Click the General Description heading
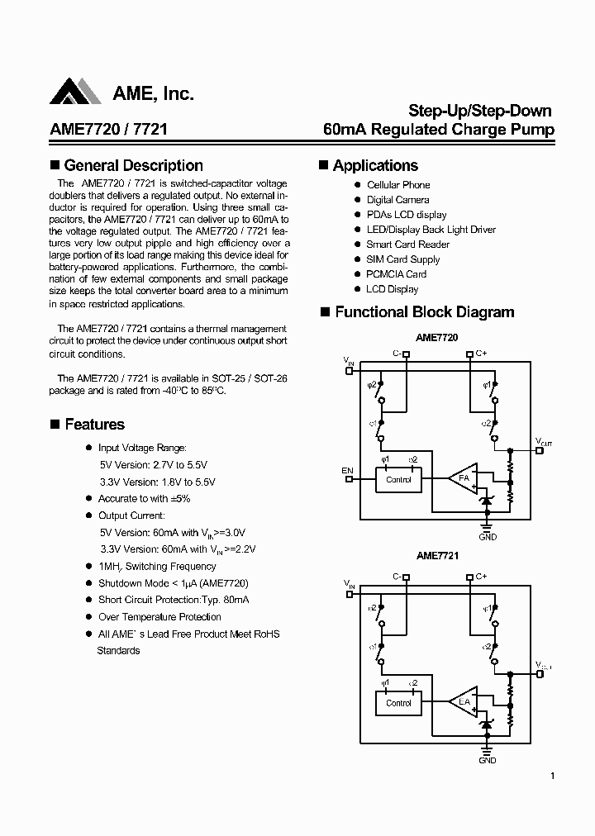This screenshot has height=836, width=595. click(133, 166)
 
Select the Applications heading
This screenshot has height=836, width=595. click(375, 166)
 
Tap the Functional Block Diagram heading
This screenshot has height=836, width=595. click(424, 312)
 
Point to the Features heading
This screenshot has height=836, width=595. click(94, 425)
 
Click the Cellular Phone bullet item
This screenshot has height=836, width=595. click(398, 185)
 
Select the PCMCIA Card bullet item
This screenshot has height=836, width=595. click(396, 274)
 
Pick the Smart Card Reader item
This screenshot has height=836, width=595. click(407, 245)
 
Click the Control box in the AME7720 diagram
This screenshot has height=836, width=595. click(398, 480)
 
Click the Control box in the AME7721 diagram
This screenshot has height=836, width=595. click(398, 703)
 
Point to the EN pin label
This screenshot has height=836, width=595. click(347, 471)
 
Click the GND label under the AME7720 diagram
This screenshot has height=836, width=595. click(488, 537)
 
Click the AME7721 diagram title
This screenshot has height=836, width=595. click(437, 556)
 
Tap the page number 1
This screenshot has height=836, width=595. click(552, 776)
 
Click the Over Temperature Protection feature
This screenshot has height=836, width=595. click(159, 617)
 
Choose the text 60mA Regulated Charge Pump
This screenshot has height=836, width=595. click(438, 130)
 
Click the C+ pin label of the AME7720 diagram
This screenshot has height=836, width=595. click(481, 354)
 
